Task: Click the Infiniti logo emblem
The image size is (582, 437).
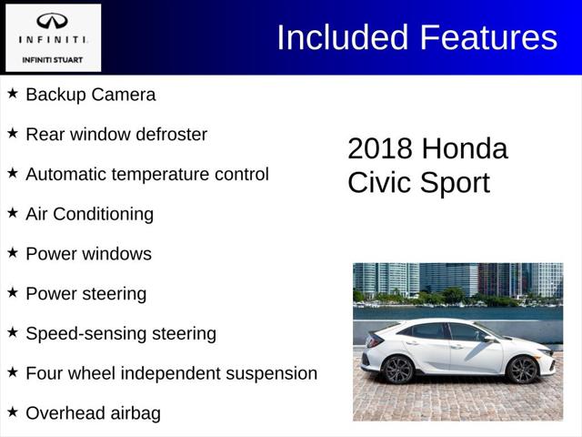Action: tap(52, 21)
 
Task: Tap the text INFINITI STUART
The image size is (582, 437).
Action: tap(52, 59)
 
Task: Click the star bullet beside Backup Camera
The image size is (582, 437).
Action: tap(13, 94)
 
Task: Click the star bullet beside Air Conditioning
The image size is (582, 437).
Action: tap(13, 213)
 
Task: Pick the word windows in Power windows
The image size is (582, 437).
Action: tap(116, 254)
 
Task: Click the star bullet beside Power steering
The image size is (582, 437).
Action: tap(13, 293)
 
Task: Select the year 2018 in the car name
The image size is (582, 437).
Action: tap(380, 149)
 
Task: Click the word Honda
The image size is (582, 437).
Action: tap(465, 149)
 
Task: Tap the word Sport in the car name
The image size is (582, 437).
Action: tap(456, 183)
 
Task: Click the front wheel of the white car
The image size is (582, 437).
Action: tap(522, 369)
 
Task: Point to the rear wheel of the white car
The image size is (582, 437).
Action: tap(398, 369)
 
